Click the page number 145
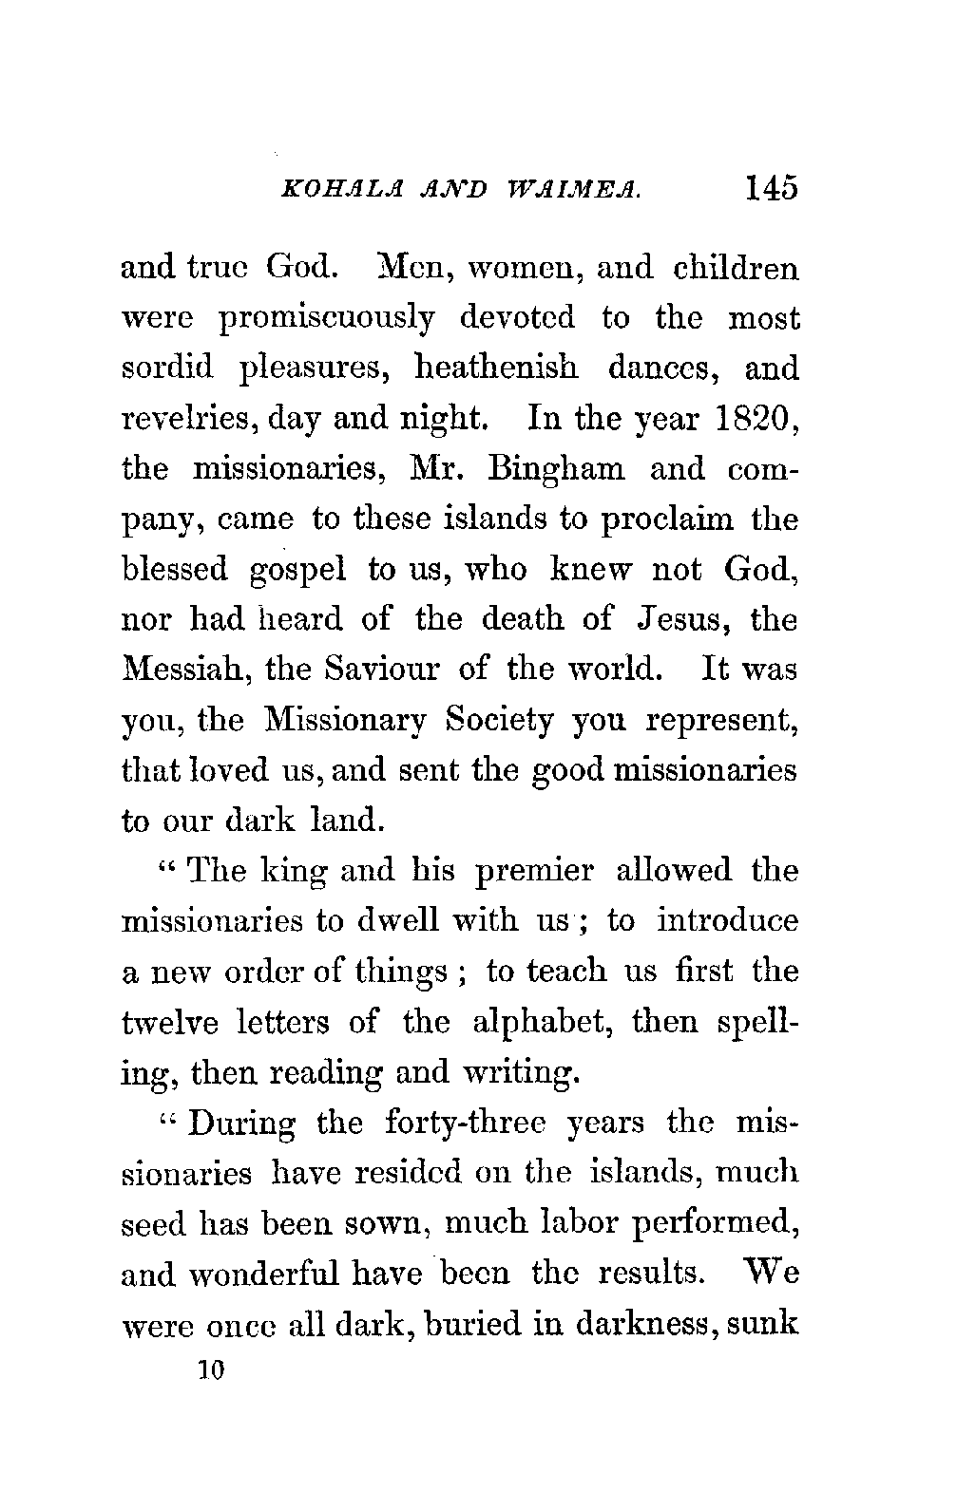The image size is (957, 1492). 771,187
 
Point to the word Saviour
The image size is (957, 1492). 370,670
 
